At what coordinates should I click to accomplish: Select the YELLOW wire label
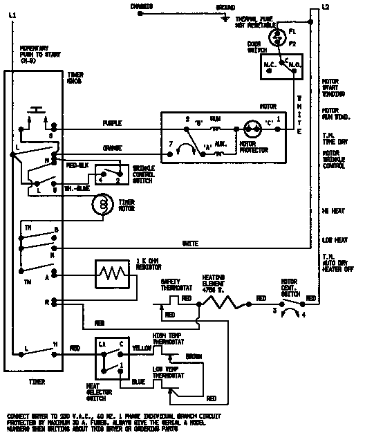[x=142, y=348]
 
